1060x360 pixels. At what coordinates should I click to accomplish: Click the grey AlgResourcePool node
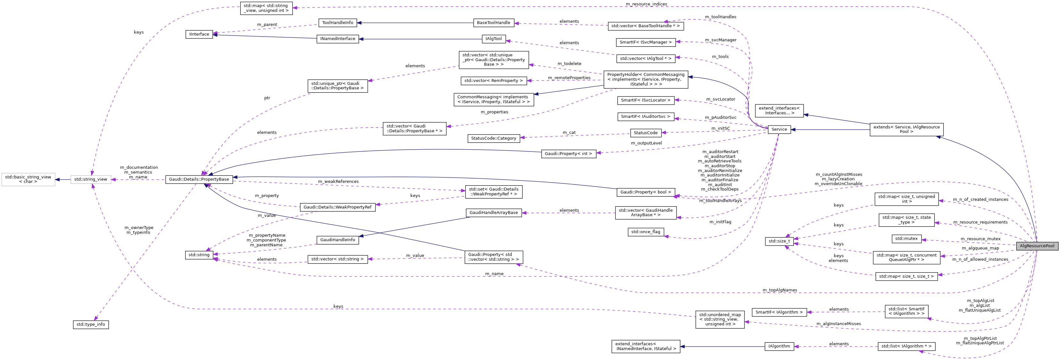1037,246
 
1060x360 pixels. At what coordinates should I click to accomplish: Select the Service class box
779,129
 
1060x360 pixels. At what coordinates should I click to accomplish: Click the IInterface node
199,34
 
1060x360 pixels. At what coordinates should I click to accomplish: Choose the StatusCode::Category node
493,138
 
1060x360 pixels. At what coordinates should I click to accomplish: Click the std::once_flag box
645,232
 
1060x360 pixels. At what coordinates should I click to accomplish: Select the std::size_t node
779,241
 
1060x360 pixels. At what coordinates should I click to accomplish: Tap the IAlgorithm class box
779,347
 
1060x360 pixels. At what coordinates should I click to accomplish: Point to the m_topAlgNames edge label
779,290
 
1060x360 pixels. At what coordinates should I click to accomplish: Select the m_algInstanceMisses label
838,324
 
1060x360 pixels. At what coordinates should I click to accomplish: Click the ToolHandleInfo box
337,23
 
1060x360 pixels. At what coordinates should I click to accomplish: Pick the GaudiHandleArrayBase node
493,213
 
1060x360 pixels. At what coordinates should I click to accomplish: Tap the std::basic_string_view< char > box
28,179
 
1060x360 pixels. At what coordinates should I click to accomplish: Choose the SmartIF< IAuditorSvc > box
645,117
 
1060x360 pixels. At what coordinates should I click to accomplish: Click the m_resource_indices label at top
646,4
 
